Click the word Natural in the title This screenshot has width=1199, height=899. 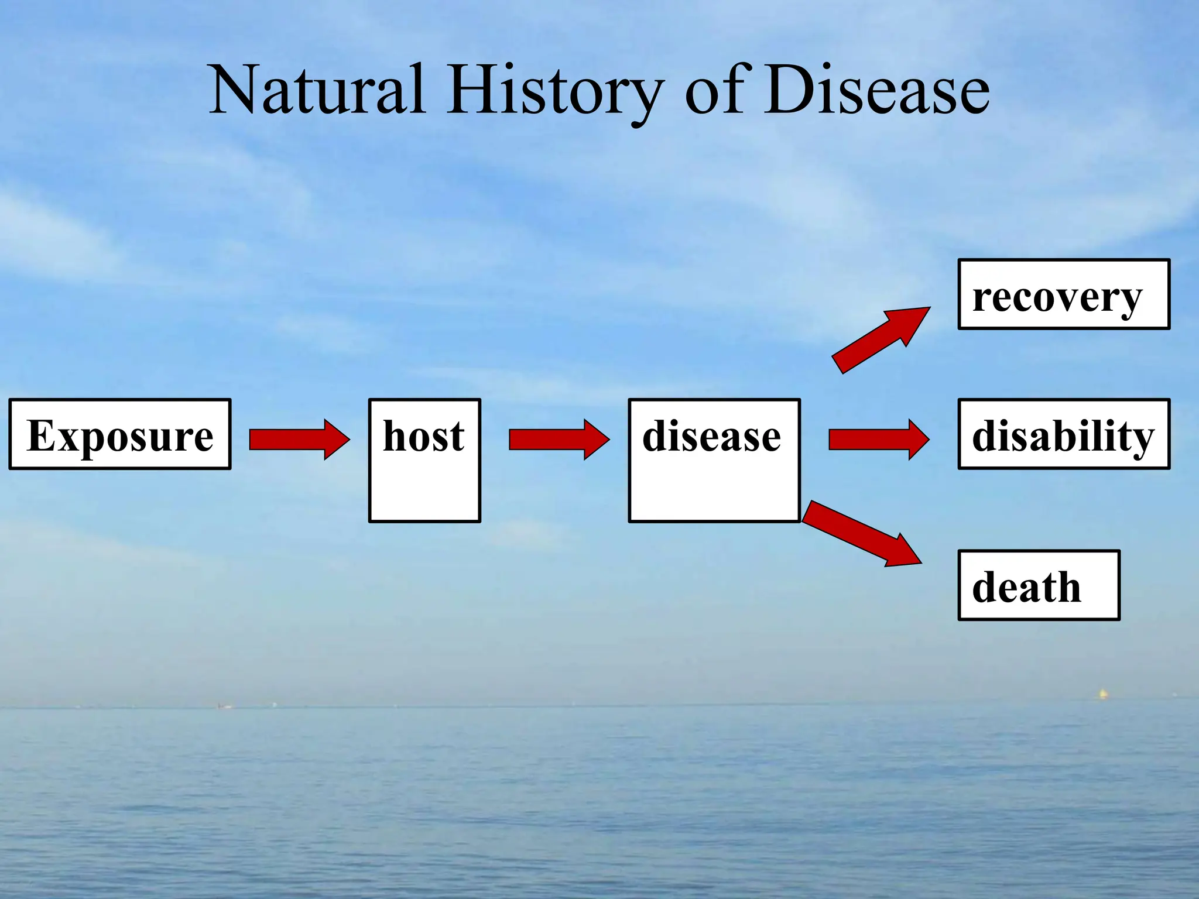click(x=317, y=91)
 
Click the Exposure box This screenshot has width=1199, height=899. click(x=120, y=434)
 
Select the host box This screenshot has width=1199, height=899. click(x=424, y=461)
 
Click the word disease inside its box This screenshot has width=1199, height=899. click(x=711, y=437)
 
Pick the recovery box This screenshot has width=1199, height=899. click(x=1063, y=294)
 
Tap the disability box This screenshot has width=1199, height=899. click(x=1063, y=434)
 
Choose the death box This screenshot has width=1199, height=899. click(x=1038, y=585)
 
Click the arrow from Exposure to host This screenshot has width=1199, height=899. click(x=299, y=440)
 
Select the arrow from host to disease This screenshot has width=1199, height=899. click(x=559, y=440)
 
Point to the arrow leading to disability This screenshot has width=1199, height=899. click(x=878, y=440)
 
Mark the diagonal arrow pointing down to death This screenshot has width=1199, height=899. click(x=861, y=534)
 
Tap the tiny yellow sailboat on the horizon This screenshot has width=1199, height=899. click(x=1102, y=694)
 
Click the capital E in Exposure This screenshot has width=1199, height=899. click(x=40, y=435)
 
